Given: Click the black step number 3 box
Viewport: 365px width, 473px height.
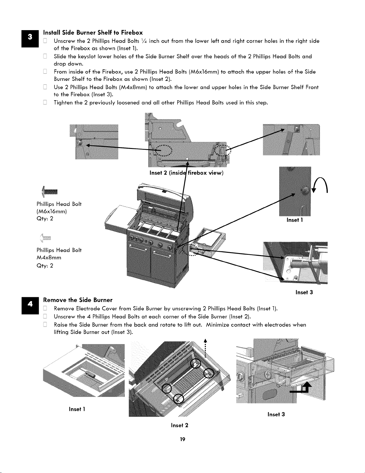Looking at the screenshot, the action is (30, 39).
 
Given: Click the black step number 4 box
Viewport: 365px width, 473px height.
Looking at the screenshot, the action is (30, 305).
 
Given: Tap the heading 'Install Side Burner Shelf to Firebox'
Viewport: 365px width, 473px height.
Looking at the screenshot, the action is (93, 33).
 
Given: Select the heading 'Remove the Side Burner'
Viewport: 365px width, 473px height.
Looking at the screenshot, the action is (78, 300).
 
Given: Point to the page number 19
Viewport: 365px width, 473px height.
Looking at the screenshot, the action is (183, 439).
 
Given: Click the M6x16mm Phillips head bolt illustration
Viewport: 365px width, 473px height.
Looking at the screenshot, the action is (50, 192).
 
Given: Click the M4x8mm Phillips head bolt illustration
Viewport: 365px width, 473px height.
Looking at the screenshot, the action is (45, 238).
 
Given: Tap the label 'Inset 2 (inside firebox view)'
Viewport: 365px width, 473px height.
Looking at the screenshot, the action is (187, 173).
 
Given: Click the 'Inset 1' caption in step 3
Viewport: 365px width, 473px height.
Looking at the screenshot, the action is (295, 220).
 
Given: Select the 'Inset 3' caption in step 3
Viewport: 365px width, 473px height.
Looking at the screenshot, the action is (304, 292).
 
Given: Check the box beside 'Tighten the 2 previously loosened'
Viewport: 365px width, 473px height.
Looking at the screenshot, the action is (45, 102).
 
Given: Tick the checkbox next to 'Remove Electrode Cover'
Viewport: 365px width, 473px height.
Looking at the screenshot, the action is (45, 308).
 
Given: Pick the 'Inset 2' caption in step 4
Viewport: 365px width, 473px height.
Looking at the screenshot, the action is (179, 425).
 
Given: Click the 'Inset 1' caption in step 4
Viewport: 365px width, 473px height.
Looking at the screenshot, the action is (77, 409).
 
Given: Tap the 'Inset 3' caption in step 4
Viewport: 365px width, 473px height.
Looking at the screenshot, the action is (276, 415).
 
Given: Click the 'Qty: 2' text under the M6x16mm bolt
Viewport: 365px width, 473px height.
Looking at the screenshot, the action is (45, 218).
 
